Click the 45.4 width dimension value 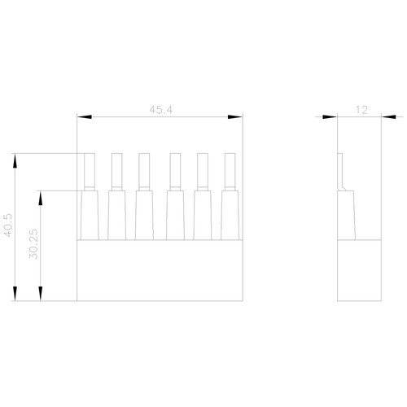point(161,110)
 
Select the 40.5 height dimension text point(8,225)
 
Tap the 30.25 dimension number point(33,244)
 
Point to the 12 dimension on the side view point(361,110)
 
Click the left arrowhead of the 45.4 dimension point(85,117)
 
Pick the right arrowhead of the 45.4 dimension point(235,117)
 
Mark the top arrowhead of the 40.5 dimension point(15,161)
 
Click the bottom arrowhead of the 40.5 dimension point(15,294)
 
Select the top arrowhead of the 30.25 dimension point(41,199)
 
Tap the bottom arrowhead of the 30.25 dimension point(41,294)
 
